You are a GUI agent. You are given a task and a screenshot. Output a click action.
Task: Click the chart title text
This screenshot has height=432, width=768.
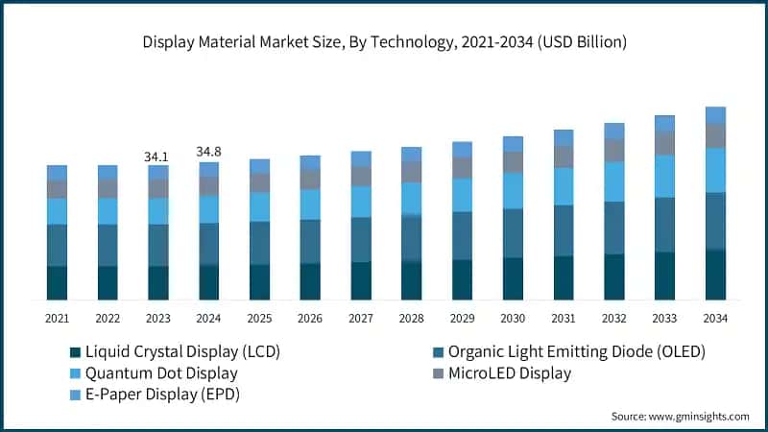click(x=384, y=41)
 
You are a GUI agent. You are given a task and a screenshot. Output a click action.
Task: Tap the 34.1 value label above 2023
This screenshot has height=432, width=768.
click(x=157, y=156)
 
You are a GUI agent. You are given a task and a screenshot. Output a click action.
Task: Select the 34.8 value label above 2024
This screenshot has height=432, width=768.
click(x=208, y=152)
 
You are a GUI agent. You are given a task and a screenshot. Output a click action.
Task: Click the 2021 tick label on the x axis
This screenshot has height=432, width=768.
click(x=57, y=318)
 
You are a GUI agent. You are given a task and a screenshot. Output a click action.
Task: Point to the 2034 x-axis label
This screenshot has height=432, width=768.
click(x=715, y=318)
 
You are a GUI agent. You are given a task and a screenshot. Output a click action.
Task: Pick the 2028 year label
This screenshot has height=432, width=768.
click(x=411, y=318)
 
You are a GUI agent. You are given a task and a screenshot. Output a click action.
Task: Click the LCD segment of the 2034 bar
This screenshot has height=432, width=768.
click(x=715, y=276)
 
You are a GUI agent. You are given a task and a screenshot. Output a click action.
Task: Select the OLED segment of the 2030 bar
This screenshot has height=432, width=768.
click(x=513, y=233)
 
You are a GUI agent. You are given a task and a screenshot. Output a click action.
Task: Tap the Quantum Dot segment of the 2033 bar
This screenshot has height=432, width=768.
click(x=664, y=176)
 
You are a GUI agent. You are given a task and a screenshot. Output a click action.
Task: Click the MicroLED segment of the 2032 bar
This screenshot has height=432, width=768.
click(x=613, y=150)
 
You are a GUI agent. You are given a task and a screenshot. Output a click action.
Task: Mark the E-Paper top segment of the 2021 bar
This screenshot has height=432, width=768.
click(x=57, y=173)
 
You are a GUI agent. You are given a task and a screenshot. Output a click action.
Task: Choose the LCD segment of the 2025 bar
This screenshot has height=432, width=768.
click(x=259, y=282)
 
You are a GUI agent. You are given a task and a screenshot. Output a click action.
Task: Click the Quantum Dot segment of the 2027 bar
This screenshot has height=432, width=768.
click(x=361, y=202)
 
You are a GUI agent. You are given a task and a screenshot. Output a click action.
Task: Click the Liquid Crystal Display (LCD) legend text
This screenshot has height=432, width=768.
click(x=182, y=351)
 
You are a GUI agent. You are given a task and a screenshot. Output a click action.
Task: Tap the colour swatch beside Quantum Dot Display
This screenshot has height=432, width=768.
click(x=74, y=373)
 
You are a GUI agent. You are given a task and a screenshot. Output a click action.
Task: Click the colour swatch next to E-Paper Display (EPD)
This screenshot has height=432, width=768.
click(x=74, y=395)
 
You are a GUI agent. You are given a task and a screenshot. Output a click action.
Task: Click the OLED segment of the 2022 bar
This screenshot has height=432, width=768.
click(x=108, y=246)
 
